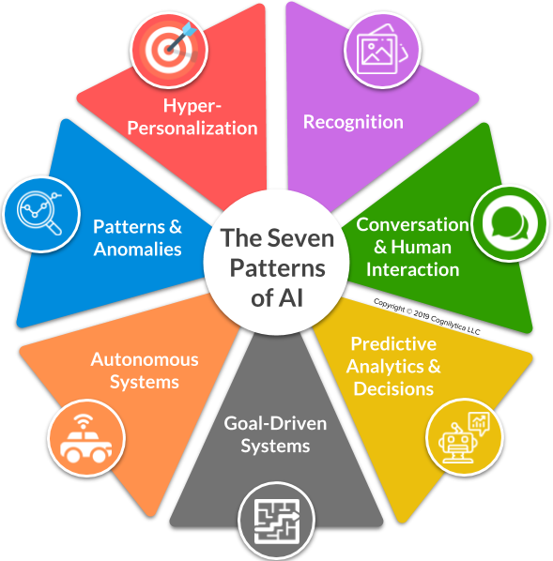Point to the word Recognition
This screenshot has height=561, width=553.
[353, 121]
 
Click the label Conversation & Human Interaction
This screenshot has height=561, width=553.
[413, 247]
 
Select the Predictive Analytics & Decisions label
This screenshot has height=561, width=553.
[393, 365]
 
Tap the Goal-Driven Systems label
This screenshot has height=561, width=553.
[275, 434]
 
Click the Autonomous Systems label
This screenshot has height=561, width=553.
[145, 371]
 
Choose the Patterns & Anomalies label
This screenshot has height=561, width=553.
[137, 238]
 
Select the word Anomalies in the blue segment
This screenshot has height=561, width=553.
[137, 250]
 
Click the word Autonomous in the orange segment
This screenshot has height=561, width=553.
[145, 359]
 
